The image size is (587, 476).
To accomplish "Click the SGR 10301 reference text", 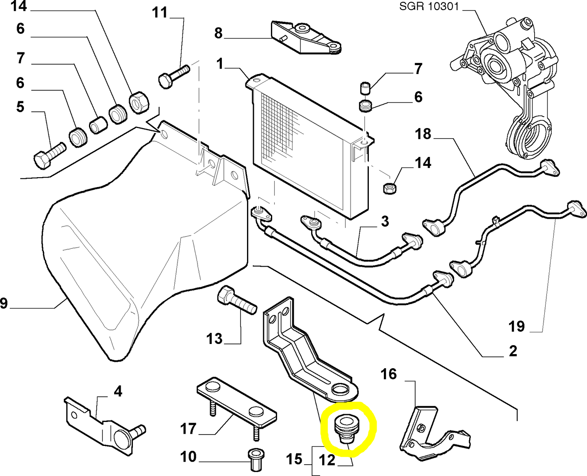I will pyautogui.click(x=429, y=7).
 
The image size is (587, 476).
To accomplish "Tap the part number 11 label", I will pyautogui.click(x=160, y=13).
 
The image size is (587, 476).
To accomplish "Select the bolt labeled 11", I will pyautogui.click(x=174, y=76).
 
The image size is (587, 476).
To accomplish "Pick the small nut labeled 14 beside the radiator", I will pyautogui.click(x=390, y=188).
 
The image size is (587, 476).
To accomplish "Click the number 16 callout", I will pyautogui.click(x=389, y=374).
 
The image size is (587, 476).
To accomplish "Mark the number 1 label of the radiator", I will pyautogui.click(x=220, y=64).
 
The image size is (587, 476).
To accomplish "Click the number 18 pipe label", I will pyautogui.click(x=423, y=134).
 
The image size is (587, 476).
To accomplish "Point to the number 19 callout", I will pyautogui.click(x=517, y=326).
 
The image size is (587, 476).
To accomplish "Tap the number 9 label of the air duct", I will pyautogui.click(x=4, y=303).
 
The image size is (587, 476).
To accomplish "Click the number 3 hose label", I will pyautogui.click(x=385, y=222).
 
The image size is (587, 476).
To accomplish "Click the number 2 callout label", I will pyautogui.click(x=513, y=350).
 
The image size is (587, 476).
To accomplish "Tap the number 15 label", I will pyautogui.click(x=294, y=459).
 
